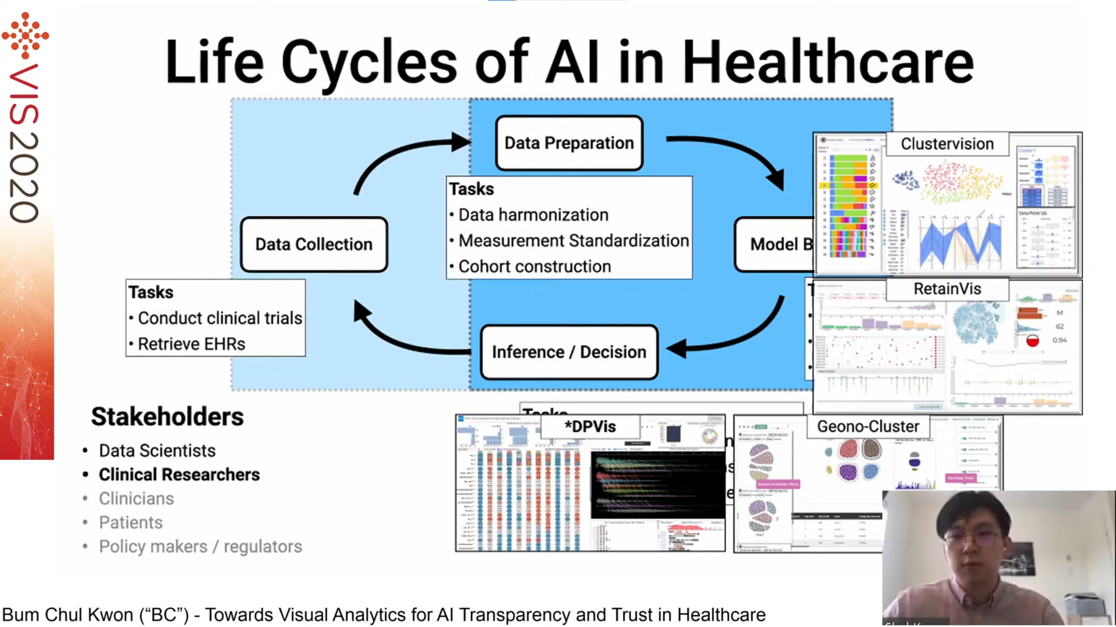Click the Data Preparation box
(569, 143)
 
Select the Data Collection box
(314, 244)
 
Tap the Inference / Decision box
(569, 352)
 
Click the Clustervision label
(947, 144)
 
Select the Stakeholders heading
(167, 417)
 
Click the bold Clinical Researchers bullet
(179, 475)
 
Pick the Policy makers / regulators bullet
(200, 547)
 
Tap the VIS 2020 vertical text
(24, 143)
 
